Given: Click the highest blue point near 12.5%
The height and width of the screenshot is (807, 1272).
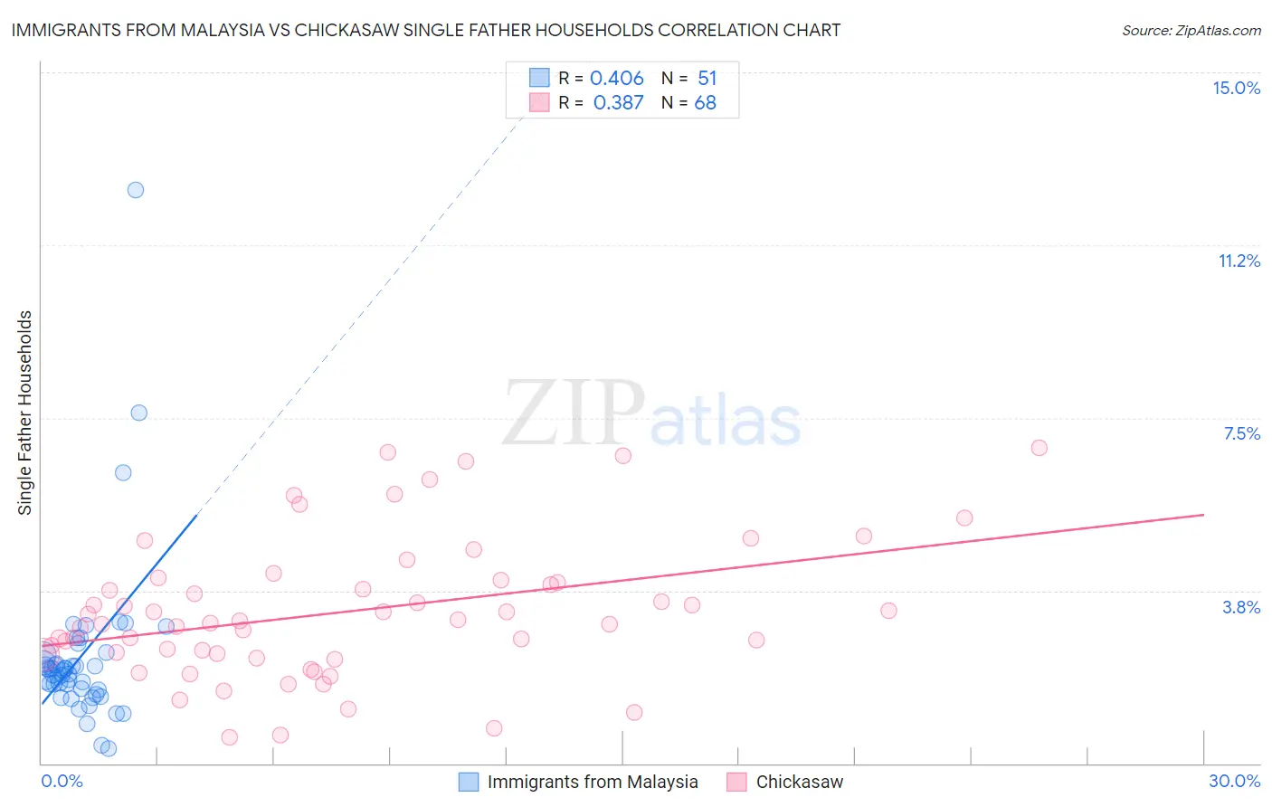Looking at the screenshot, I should point(136,190).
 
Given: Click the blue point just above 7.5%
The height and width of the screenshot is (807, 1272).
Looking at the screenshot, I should point(138,413).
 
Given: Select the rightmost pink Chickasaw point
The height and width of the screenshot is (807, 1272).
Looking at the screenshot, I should point(1039,448).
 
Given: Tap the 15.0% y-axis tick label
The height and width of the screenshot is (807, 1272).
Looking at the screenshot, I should point(1236,88).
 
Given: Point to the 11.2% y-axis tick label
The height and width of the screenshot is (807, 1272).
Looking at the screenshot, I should point(1239,261).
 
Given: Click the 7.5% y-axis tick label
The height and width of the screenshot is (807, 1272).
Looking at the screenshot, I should point(1241,433).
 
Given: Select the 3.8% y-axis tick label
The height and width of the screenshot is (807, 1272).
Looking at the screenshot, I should point(1241,607).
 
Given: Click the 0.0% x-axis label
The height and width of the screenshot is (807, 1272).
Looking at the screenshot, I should point(62,781).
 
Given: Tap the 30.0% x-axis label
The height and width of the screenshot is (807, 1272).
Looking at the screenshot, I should point(1234,781).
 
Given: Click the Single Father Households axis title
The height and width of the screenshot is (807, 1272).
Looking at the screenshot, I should point(25,413).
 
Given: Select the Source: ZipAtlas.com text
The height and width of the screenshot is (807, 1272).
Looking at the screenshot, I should point(1191,30).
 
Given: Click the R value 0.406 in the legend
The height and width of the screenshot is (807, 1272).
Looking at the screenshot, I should point(616,78).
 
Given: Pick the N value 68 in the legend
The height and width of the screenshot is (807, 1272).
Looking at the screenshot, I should point(705,102).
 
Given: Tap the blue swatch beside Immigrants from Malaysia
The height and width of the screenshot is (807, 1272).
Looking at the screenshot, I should point(469,782).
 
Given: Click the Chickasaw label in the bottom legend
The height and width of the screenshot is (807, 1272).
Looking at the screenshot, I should point(799,782).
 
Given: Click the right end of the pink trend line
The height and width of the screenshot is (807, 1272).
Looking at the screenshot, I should point(1203,515).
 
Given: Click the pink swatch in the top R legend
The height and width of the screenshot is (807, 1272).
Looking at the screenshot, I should point(539,102).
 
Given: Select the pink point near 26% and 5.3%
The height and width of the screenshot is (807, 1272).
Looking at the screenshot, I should point(964,518).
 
